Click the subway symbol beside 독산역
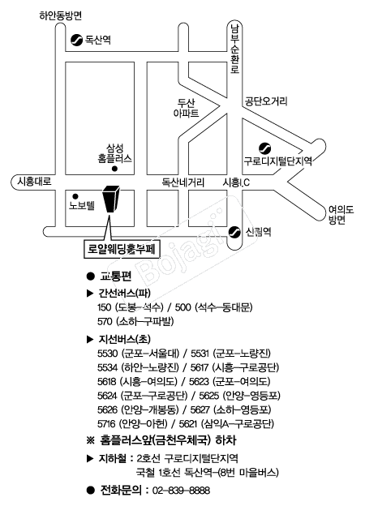pos(76,40)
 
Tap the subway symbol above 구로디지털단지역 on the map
pos(265,148)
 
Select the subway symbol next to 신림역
pos(234,232)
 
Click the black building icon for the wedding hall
pos(110,199)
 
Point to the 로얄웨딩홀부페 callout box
pos(122,249)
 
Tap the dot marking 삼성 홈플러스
pos(114,169)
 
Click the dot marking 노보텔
pos(75,196)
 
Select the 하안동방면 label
pos(61,15)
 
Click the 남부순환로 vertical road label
pos(234,49)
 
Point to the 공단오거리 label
pos(266,101)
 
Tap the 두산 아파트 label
pos(187,108)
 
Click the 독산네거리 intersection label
pos(183,182)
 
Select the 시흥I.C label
pos(236,182)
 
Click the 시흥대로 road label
pos(34,182)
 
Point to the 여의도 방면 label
pos(341,215)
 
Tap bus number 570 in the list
pos(105,321)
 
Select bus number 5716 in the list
pos(107,424)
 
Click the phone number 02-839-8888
pos(181,491)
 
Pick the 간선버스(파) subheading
pos(125,293)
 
